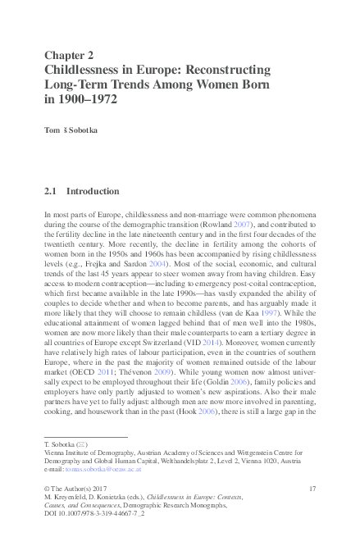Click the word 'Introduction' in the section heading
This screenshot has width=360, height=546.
(93, 191)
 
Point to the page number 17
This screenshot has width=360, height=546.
(312, 489)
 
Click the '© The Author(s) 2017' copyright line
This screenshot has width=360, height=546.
(79, 489)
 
